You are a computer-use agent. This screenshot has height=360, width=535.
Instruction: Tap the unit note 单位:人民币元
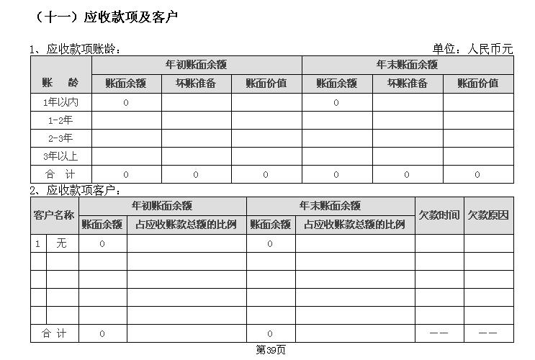click(x=472, y=49)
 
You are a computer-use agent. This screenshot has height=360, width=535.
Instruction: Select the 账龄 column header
click(x=60, y=83)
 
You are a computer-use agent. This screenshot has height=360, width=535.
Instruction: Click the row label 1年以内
click(x=60, y=102)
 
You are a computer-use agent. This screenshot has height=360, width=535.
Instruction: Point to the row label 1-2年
click(x=60, y=120)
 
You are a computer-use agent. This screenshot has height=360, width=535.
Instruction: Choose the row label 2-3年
click(x=60, y=138)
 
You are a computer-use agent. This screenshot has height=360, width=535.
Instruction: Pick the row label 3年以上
click(x=60, y=156)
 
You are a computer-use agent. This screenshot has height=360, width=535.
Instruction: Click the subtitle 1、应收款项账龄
click(x=75, y=49)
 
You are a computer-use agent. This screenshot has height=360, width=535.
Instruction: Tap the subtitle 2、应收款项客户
click(x=75, y=190)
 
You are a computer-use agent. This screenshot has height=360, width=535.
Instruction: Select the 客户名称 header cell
click(x=54, y=215)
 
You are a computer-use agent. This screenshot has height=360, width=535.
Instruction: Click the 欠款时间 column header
click(x=439, y=215)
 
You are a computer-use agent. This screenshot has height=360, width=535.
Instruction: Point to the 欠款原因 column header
click(x=488, y=215)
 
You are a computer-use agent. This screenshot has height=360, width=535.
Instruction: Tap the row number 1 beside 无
click(x=37, y=243)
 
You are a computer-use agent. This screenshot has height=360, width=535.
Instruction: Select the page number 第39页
click(x=271, y=350)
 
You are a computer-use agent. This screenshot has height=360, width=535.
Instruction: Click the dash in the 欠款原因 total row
click(x=488, y=333)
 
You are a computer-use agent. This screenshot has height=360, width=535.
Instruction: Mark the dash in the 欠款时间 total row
click(x=439, y=333)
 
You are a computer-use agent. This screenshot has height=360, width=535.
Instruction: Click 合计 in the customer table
click(x=54, y=333)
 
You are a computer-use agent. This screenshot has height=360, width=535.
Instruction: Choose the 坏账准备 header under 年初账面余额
click(x=196, y=84)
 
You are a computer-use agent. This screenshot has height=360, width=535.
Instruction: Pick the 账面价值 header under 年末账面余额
click(x=478, y=84)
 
